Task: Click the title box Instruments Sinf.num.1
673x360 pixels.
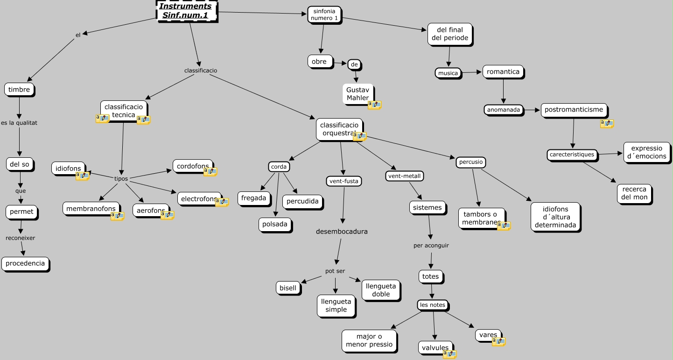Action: (x=185, y=11)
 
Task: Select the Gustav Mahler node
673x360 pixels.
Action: (x=358, y=93)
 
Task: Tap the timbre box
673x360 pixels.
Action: (x=19, y=90)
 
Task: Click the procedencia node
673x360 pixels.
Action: (x=25, y=263)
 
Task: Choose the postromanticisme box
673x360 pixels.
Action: (x=574, y=110)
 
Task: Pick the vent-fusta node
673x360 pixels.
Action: (x=344, y=181)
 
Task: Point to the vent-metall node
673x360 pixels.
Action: (x=405, y=176)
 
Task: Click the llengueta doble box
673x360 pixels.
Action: (x=381, y=290)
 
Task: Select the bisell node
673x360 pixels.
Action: (x=288, y=288)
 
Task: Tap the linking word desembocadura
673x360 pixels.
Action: (x=342, y=232)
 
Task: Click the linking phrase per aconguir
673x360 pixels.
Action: (x=431, y=246)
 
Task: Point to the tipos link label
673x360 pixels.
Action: (x=121, y=179)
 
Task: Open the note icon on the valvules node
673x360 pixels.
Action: (x=449, y=354)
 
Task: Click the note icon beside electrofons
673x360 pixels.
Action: (x=222, y=202)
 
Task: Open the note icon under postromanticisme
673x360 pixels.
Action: (x=607, y=123)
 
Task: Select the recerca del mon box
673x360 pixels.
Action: (x=634, y=193)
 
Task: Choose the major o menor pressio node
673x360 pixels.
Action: (x=369, y=341)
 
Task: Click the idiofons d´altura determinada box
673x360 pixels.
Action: (x=555, y=217)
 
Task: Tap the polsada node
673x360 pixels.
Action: (x=275, y=224)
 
